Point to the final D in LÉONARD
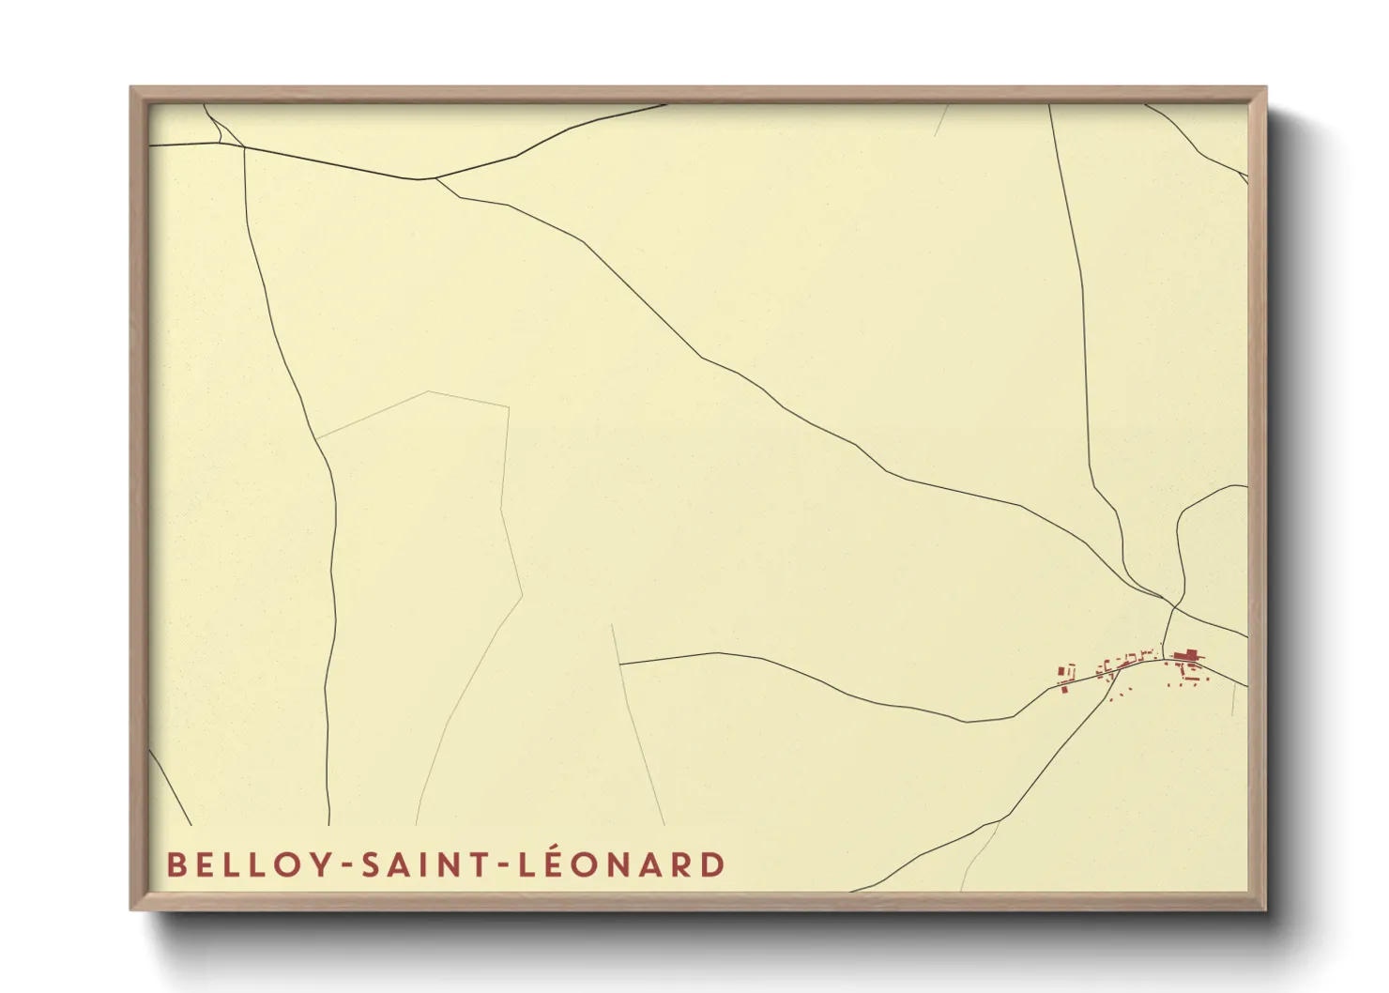coord(712,864)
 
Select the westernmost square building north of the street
coord(1063,672)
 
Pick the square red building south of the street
coord(1066,689)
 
